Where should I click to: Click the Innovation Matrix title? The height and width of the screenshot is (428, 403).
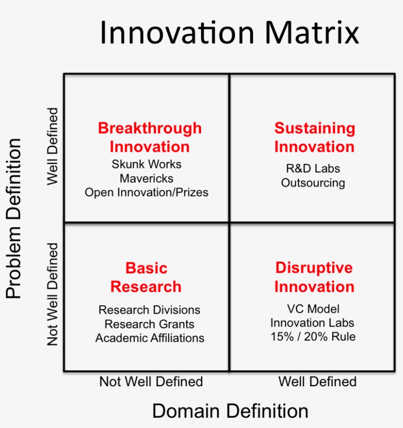(230, 33)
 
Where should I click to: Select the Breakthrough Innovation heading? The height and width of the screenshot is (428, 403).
(150, 137)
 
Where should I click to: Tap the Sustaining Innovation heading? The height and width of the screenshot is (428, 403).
(315, 137)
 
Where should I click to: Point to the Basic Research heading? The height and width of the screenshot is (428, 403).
(146, 277)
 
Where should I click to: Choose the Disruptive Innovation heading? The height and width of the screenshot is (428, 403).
(315, 277)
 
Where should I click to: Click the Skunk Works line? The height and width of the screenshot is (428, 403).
(146, 164)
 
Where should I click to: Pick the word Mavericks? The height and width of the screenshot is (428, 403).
(146, 179)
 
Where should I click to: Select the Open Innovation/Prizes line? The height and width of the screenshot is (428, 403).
(146, 192)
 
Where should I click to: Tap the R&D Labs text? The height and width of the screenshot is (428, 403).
(313, 168)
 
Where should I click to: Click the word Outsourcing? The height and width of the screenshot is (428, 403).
(313, 183)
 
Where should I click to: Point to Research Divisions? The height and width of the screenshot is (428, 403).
(149, 310)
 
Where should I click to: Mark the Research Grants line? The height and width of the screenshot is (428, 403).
(149, 324)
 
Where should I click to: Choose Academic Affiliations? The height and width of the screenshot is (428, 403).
(150, 338)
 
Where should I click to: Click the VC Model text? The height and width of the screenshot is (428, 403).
(314, 309)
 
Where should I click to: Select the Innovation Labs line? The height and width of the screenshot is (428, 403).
(312, 323)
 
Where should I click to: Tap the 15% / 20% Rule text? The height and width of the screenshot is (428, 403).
(313, 337)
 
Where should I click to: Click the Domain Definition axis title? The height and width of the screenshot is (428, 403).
(230, 411)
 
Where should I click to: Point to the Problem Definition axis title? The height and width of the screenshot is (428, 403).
(13, 218)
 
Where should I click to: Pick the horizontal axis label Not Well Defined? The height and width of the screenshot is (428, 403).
(151, 381)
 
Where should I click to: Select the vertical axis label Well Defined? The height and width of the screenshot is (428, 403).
(53, 146)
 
